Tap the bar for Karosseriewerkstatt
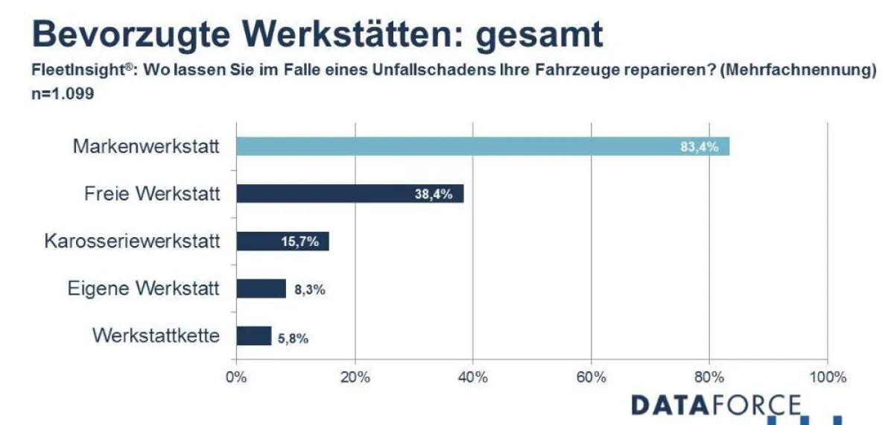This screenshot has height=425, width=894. click(268, 241)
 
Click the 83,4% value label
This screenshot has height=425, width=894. click(699, 147)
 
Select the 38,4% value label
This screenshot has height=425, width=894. click(433, 195)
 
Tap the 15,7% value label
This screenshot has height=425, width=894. click(300, 242)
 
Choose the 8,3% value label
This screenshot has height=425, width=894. click(310, 289)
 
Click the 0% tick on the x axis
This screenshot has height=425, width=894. click(236, 377)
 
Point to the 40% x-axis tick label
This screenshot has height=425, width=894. click(472, 377)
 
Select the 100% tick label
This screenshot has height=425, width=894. click(827, 377)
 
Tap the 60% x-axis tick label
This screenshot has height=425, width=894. click(591, 377)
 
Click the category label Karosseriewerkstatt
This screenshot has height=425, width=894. click(132, 241)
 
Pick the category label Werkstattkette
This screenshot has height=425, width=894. click(156, 336)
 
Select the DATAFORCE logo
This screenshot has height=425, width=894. click(715, 405)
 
